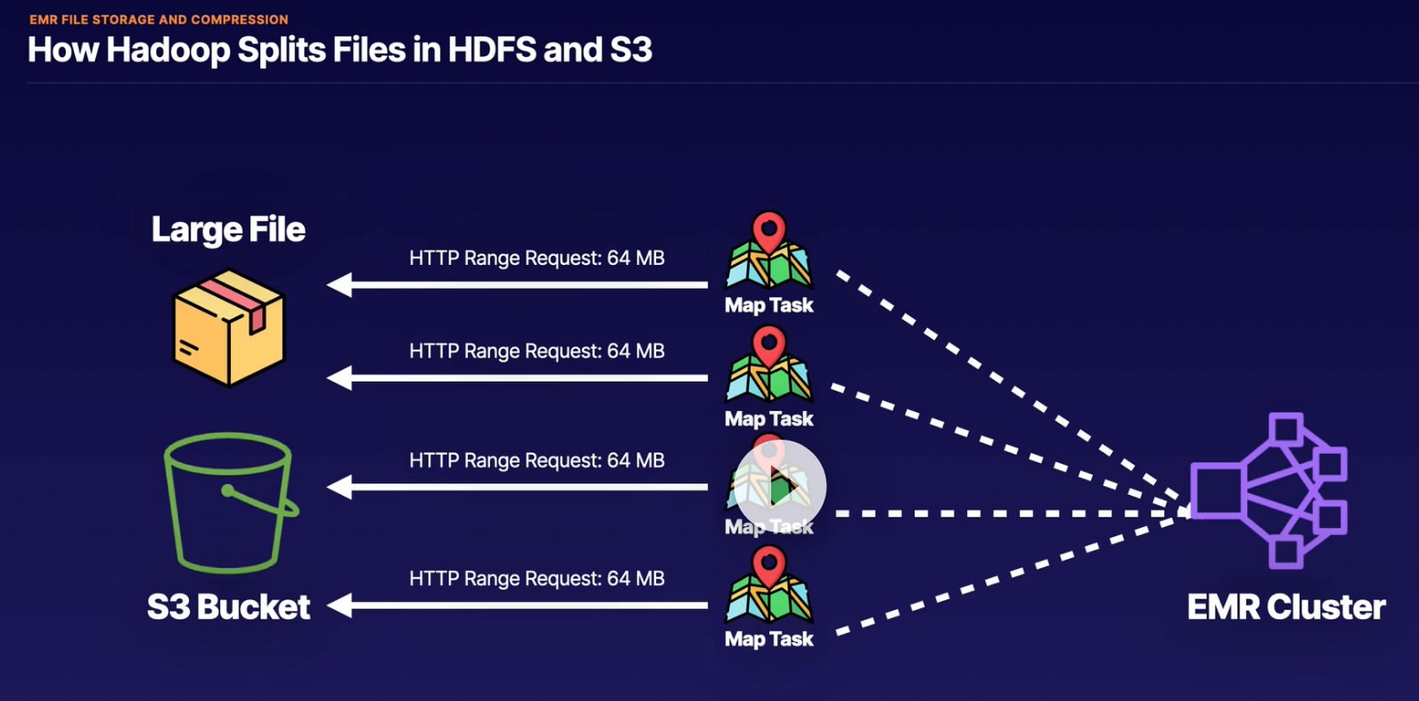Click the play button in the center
click(x=780, y=487)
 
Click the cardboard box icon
click(x=228, y=328)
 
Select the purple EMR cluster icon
click(x=1270, y=490)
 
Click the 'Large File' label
click(x=228, y=230)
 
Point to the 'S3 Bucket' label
click(x=228, y=607)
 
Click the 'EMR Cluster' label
click(x=1286, y=607)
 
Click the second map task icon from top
click(x=768, y=365)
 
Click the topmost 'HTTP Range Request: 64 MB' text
click(x=537, y=259)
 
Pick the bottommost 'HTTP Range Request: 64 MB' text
click(x=537, y=579)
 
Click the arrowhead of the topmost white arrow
click(x=340, y=285)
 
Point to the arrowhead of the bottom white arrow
click(x=340, y=606)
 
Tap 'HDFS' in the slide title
click(x=491, y=51)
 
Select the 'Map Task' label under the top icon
click(x=768, y=306)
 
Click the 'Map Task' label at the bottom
click(x=768, y=639)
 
